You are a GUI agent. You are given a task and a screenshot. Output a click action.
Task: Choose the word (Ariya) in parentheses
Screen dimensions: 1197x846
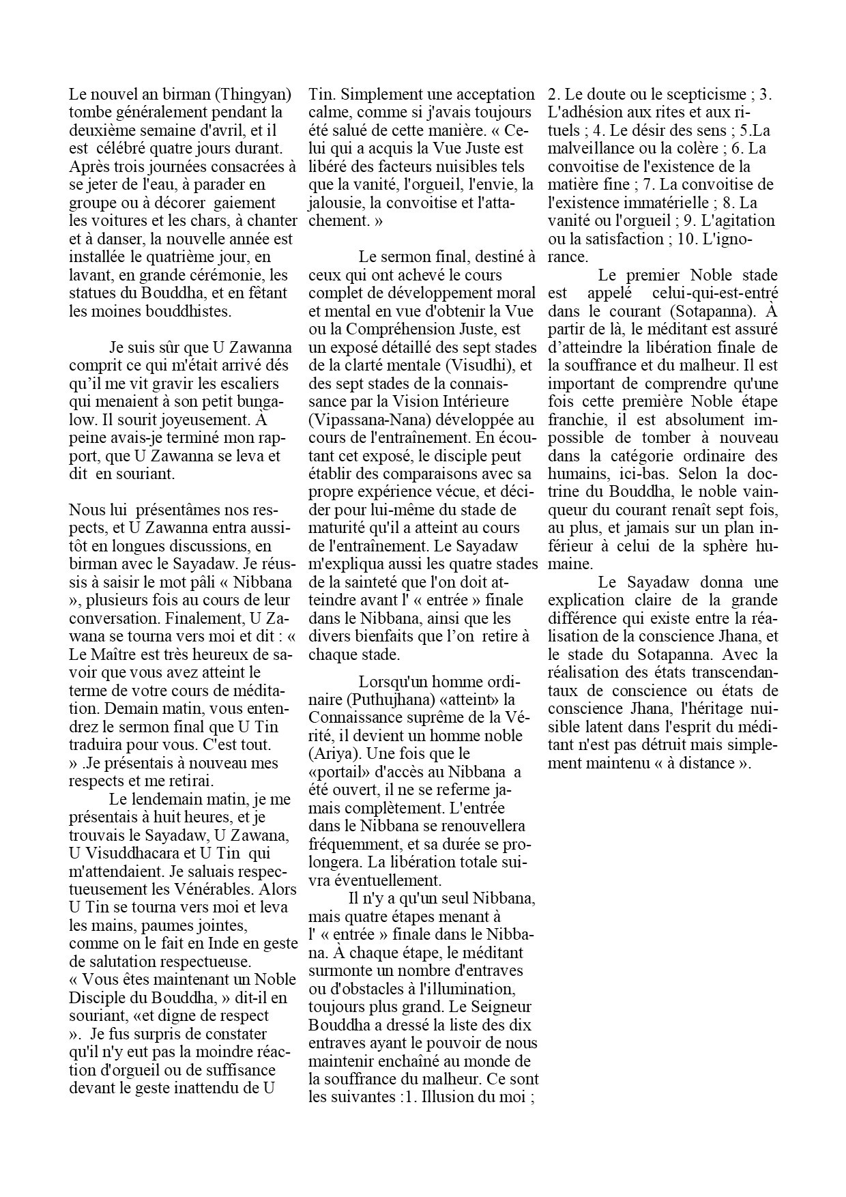click(332, 754)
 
